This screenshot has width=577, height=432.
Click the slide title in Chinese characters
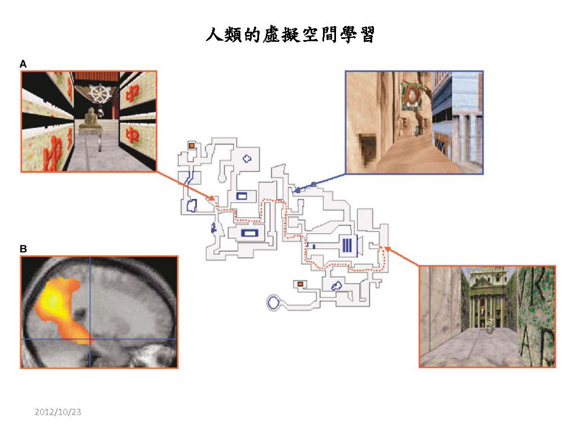click(290, 35)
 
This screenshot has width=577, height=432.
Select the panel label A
click(23, 64)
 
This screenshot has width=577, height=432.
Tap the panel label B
click(23, 249)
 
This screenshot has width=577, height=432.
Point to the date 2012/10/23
click(58, 412)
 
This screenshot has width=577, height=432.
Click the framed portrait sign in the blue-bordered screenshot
click(411, 96)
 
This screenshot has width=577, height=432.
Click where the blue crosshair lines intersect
click(90, 339)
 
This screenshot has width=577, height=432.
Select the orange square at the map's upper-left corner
click(192, 146)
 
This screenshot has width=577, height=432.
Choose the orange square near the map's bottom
click(300, 284)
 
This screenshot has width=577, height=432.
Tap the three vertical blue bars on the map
click(347, 245)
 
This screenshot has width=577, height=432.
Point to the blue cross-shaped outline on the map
click(247, 158)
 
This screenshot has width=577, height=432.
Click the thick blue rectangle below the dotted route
click(249, 233)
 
